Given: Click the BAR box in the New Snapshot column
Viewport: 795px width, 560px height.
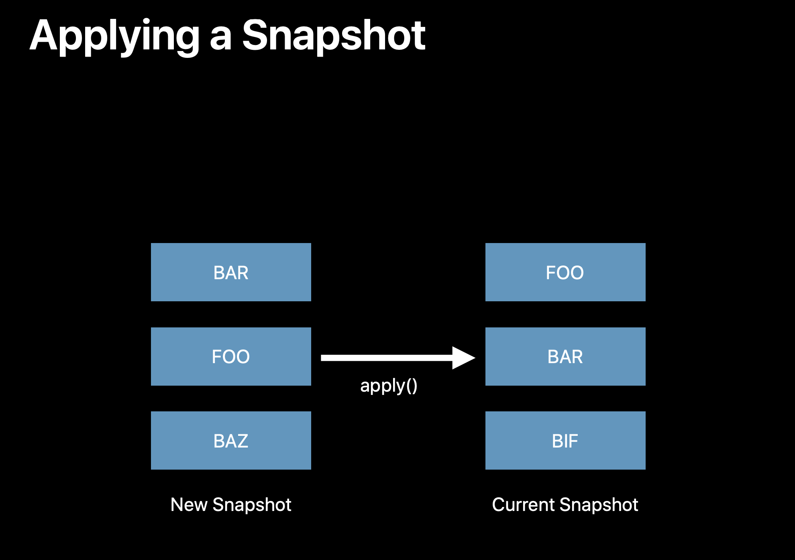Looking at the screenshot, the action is (231, 272).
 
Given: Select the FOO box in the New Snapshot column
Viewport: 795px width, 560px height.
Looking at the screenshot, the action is (231, 356).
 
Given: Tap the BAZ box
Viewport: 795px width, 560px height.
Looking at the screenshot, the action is (231, 440).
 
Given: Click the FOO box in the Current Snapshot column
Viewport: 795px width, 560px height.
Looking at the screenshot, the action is (565, 272).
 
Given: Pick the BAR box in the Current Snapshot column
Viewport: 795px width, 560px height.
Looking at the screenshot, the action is (565, 356).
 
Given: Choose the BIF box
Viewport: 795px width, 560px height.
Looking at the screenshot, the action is (565, 440).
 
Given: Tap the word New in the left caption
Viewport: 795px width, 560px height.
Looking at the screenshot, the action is (188, 505).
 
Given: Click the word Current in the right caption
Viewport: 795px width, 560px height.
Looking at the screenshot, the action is (524, 505).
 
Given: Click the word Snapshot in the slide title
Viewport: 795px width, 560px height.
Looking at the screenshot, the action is (334, 36).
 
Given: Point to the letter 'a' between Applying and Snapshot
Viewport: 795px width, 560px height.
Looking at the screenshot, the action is (221, 40).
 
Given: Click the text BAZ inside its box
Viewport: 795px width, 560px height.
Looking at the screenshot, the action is (231, 441).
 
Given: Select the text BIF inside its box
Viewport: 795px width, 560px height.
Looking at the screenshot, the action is (565, 441).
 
